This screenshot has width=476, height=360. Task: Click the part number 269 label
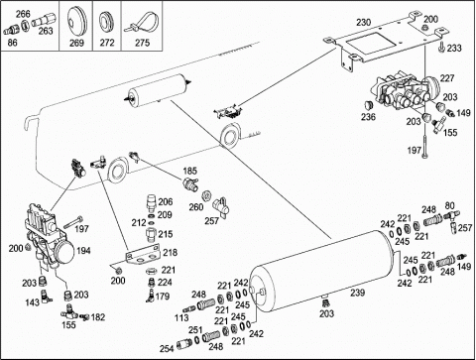click(76, 43)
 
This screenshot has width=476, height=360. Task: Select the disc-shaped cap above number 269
click(76, 21)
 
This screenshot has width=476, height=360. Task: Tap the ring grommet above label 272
click(107, 24)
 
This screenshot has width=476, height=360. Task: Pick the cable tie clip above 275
click(142, 23)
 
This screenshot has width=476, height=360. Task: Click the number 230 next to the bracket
click(363, 23)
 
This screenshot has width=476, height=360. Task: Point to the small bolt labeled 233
click(441, 47)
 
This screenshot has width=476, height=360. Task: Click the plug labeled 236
click(368, 105)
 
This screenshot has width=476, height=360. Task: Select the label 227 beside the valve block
click(447, 78)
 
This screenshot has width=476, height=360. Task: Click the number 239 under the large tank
click(357, 293)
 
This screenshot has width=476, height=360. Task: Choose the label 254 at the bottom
click(167, 348)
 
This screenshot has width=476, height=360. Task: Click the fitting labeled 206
click(151, 203)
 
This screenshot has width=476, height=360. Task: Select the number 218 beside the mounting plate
click(171, 253)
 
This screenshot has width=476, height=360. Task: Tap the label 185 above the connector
click(189, 172)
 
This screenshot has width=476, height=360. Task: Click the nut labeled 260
click(207, 195)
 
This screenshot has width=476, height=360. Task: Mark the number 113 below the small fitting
click(181, 317)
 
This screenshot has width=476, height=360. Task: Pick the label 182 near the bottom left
click(97, 317)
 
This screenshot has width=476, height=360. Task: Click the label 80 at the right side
click(449, 205)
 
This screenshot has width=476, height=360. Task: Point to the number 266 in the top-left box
click(23, 14)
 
